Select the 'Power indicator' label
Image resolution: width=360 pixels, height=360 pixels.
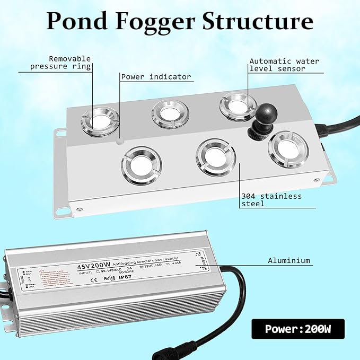tap(156, 77)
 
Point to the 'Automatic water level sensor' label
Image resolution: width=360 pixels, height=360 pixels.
tap(284, 65)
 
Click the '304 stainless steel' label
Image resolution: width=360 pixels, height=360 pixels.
tap(271, 200)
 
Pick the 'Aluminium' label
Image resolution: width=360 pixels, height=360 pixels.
tap(289, 260)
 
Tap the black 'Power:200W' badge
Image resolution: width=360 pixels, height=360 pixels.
tap(298, 329)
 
